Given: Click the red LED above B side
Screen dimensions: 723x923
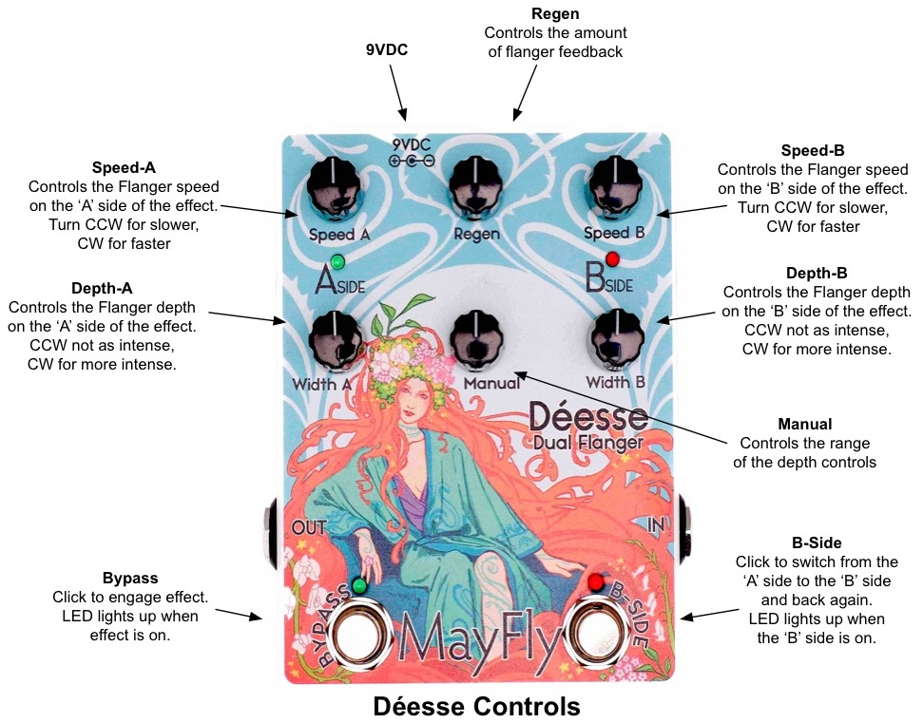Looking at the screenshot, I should (613, 257).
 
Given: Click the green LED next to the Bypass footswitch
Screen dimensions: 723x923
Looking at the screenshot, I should (359, 585).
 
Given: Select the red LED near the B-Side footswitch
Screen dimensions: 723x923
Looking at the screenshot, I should (596, 581).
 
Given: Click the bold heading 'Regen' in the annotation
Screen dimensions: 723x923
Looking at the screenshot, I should (556, 14).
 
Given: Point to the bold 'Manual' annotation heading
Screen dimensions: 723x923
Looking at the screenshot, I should (804, 425).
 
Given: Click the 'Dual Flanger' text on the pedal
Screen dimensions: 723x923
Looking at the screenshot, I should (588, 441).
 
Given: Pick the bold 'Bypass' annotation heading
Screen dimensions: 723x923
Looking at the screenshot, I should (130, 578).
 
